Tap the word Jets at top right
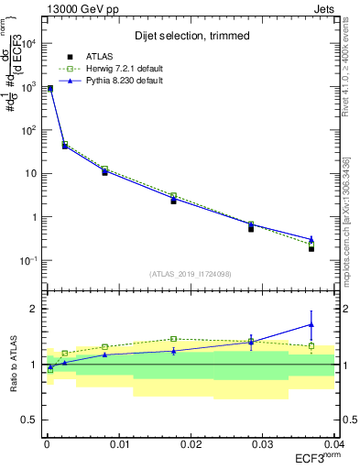point(325,7)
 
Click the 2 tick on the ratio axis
point(34,309)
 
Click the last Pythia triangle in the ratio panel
point(311,324)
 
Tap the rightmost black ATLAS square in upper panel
point(311,248)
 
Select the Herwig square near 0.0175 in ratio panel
point(173,339)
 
